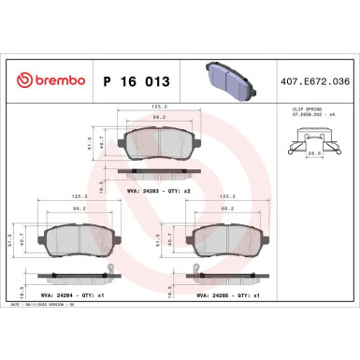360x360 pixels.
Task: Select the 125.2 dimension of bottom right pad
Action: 226,197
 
